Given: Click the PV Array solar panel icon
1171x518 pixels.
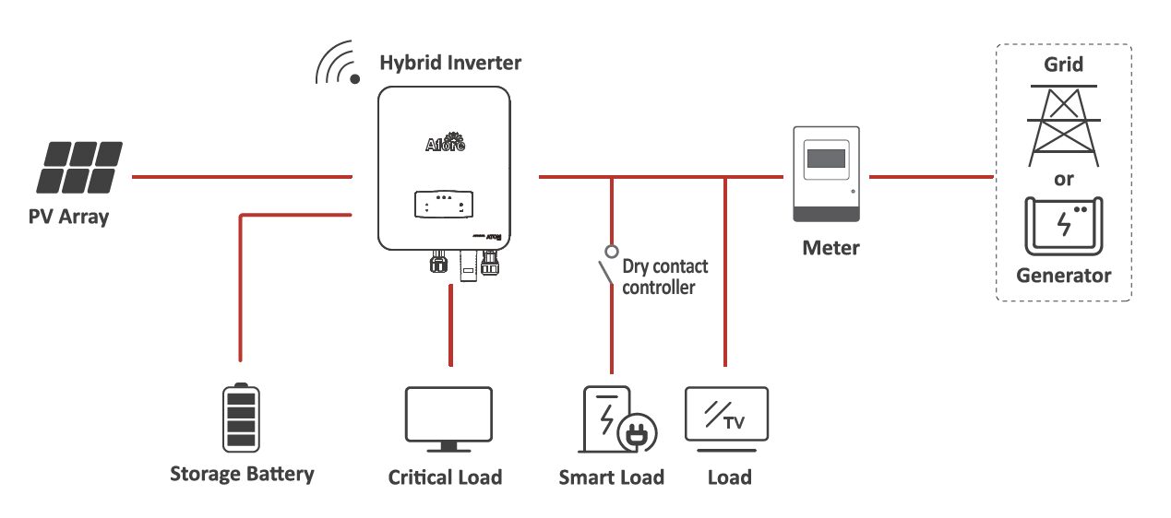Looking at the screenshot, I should pos(80,167).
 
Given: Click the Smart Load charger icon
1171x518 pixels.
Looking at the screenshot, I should pos(609,419).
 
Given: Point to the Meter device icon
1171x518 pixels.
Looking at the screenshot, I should pos(827,176).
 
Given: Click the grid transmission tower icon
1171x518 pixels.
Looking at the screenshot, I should pos(1063,125).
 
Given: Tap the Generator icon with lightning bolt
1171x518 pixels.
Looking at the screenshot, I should pos(1063,226).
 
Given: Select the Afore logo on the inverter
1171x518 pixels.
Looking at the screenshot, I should pos(445,143).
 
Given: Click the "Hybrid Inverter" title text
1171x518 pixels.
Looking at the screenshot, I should pos(450,64).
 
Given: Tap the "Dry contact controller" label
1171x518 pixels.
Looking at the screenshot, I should pos(664,277).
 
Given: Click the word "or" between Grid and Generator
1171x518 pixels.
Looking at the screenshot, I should pos(1064,179).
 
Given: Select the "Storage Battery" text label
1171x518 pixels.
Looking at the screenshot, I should pos(242,475).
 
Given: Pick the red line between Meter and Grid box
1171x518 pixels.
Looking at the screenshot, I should pos(932,175).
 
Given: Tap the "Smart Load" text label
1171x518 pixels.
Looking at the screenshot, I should pos(611,477).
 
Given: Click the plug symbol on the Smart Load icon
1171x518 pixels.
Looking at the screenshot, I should pos(636,435).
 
